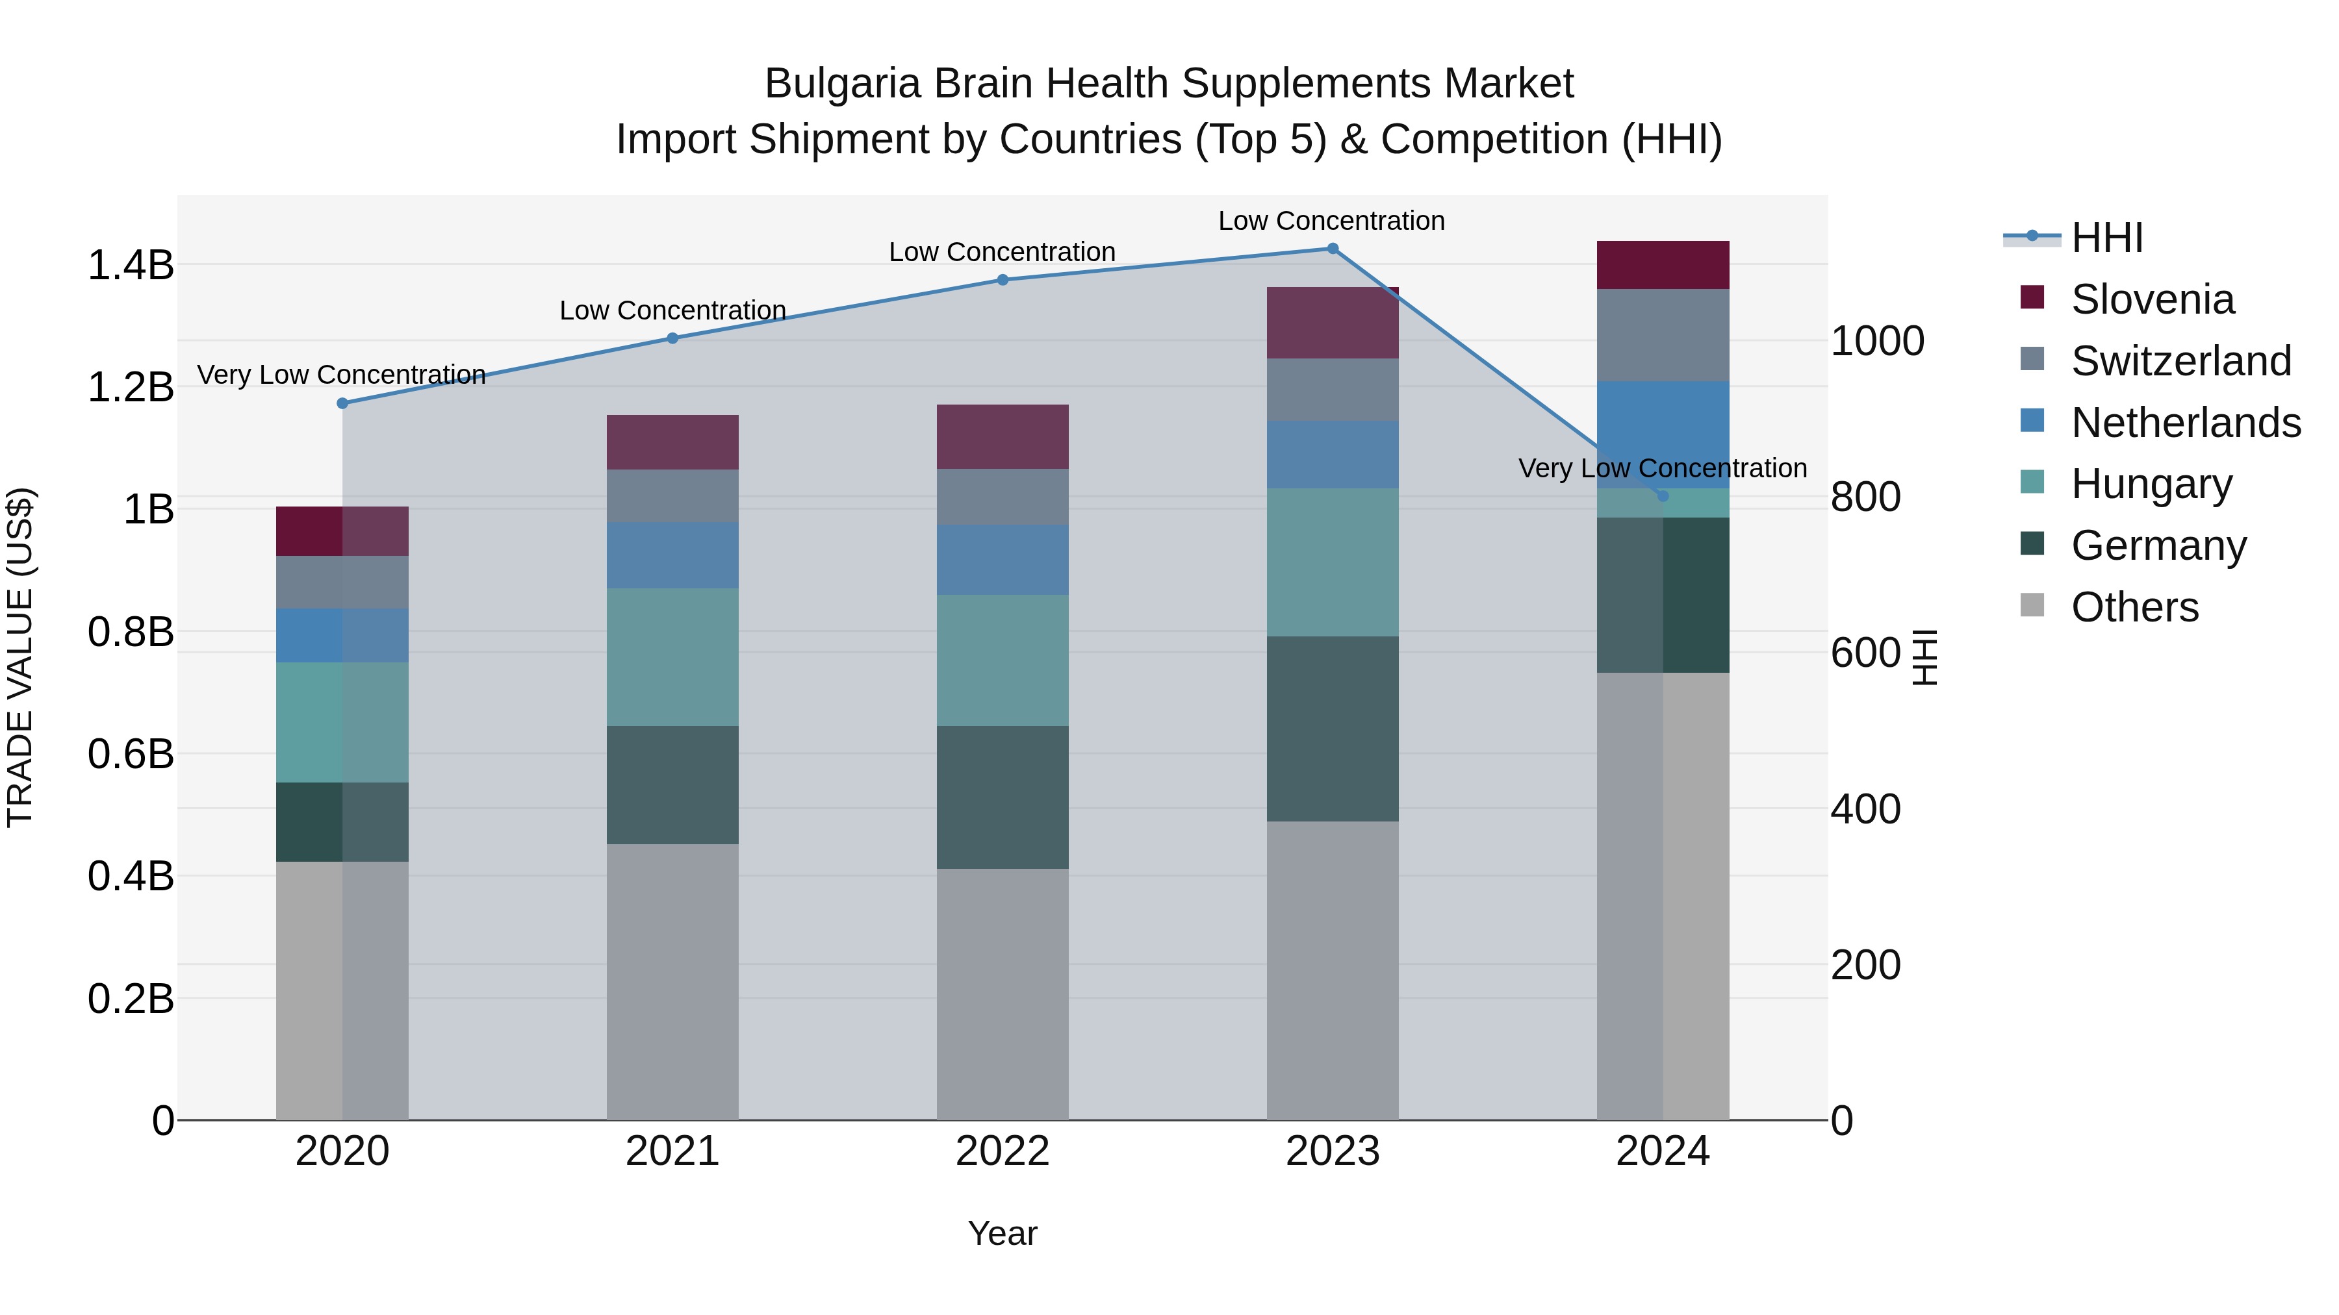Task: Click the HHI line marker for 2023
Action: (1332, 249)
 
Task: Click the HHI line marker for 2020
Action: (342, 403)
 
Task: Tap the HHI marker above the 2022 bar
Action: (1003, 279)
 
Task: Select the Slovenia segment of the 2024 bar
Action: (1663, 265)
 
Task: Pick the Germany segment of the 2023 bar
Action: (1332, 729)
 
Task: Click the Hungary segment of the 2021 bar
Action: (672, 657)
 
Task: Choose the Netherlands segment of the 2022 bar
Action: (1003, 560)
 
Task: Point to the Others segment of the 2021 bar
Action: (672, 982)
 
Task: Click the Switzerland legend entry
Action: (2180, 361)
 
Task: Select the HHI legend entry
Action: (2106, 238)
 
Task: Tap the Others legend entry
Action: (2134, 607)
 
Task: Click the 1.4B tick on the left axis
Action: (131, 265)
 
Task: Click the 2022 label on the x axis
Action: (1003, 1151)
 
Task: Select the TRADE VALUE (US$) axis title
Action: (20, 657)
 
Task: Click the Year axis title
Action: (1003, 1233)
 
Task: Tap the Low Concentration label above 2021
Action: (672, 310)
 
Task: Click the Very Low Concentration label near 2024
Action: (1663, 468)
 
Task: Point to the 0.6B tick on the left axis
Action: (131, 754)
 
